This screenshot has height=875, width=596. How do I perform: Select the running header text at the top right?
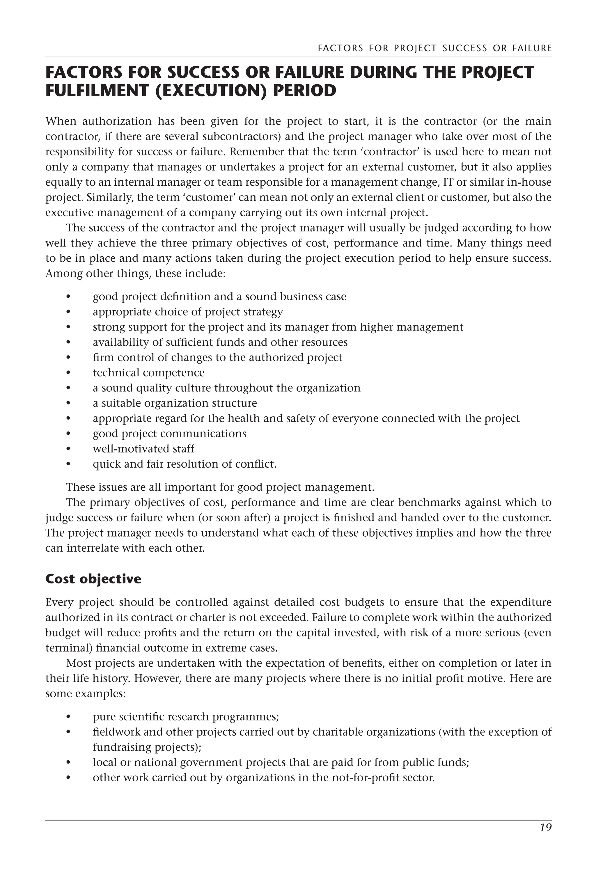tap(434, 48)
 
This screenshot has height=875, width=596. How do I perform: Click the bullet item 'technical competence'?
tap(148, 373)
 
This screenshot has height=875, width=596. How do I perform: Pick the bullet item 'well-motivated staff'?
tap(143, 449)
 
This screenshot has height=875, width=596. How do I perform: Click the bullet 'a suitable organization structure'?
tap(175, 403)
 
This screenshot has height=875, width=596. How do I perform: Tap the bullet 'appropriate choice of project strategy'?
tap(187, 312)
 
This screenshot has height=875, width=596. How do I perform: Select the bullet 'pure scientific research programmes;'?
tap(186, 716)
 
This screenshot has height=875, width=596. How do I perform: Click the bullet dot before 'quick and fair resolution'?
tap(68, 464)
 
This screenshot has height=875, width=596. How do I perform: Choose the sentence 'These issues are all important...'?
tap(220, 487)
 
